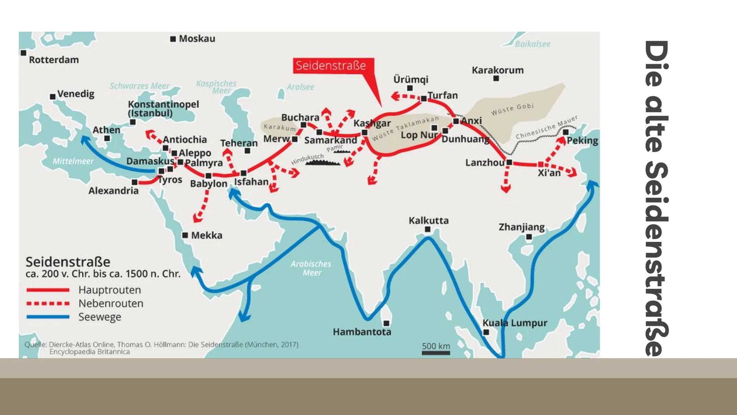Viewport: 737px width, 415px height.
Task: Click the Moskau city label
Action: (x=197, y=39)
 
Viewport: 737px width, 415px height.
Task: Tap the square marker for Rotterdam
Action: (x=23, y=53)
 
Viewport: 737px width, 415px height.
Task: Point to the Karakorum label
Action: (x=497, y=70)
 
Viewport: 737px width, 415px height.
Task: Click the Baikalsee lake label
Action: (x=532, y=44)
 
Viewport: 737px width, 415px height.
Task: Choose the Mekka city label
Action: (x=207, y=235)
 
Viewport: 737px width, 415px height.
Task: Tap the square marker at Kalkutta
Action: (x=428, y=229)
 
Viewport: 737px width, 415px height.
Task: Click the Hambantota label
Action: (x=362, y=332)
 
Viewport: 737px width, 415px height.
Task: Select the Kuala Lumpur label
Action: (x=515, y=323)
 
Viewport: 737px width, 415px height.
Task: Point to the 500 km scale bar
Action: (x=436, y=352)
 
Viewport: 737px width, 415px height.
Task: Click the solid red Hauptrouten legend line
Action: (x=48, y=290)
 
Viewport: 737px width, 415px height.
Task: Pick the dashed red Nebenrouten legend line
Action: (x=48, y=304)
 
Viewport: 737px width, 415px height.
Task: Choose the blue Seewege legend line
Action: (x=48, y=317)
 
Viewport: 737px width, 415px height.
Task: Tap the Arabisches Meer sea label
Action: (x=311, y=268)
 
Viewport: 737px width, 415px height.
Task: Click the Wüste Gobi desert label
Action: (x=512, y=109)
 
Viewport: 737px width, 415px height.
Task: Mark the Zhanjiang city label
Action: (x=521, y=227)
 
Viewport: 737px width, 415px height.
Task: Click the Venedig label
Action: (x=76, y=94)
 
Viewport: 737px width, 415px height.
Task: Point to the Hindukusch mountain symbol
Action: (x=323, y=163)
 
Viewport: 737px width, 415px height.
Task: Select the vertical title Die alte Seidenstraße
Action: (x=657, y=198)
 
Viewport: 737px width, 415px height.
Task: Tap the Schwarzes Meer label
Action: (x=139, y=86)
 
